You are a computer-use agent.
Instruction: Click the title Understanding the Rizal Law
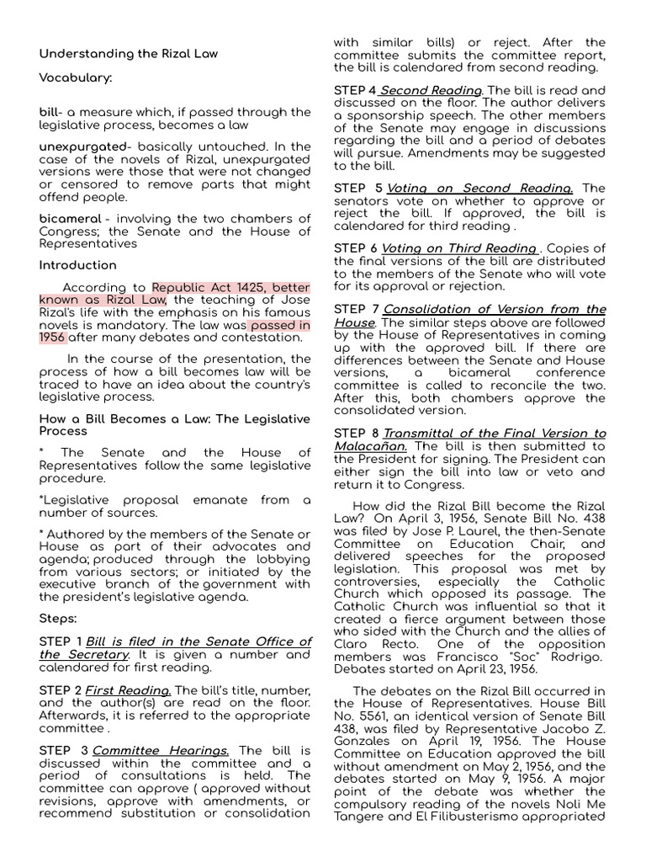click(129, 54)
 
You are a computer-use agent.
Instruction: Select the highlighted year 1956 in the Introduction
click(52, 337)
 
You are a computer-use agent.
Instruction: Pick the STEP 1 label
click(61, 641)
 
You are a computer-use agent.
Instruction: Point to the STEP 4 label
click(355, 90)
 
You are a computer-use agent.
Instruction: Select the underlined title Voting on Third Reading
click(459, 248)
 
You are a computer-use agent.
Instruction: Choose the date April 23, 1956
click(501, 669)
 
